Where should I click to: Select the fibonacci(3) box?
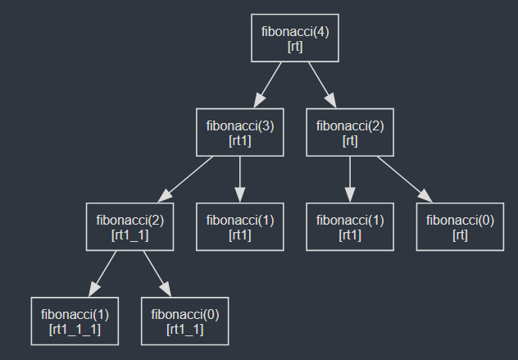coord(239,133)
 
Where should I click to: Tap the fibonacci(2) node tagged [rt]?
coord(350,133)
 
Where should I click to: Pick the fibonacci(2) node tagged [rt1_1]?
coord(129,227)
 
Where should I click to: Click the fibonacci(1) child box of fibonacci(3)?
coord(239,227)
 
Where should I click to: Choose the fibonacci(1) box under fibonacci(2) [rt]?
coord(350,227)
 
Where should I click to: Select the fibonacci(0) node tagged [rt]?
coord(460,227)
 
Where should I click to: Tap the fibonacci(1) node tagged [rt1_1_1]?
coord(75,321)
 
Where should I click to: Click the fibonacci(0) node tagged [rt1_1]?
coord(184,321)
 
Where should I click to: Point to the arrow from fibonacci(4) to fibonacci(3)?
coord(268,84)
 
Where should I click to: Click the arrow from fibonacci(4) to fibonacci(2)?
coord(322,84)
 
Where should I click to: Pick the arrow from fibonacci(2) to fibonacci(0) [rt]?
coord(405,179)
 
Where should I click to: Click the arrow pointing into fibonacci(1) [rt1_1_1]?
coord(102,273)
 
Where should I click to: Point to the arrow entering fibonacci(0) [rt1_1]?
coord(157,273)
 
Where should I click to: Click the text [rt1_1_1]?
coord(75,329)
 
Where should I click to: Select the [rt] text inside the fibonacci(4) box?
coord(295,46)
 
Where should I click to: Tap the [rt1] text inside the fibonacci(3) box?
coord(239,140)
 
